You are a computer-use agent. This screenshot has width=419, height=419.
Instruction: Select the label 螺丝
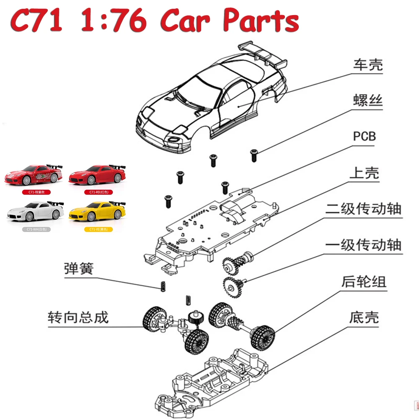(x=368, y=101)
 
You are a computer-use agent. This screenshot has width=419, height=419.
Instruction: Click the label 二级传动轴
(x=363, y=208)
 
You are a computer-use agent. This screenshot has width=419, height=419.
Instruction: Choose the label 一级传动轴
(x=363, y=244)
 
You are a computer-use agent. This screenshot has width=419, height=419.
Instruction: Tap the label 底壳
(x=364, y=317)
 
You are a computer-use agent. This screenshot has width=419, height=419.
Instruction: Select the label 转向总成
(x=78, y=317)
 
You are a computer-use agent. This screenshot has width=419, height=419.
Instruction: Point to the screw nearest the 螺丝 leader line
(x=253, y=155)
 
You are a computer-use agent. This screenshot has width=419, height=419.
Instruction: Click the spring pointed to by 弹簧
(x=160, y=286)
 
